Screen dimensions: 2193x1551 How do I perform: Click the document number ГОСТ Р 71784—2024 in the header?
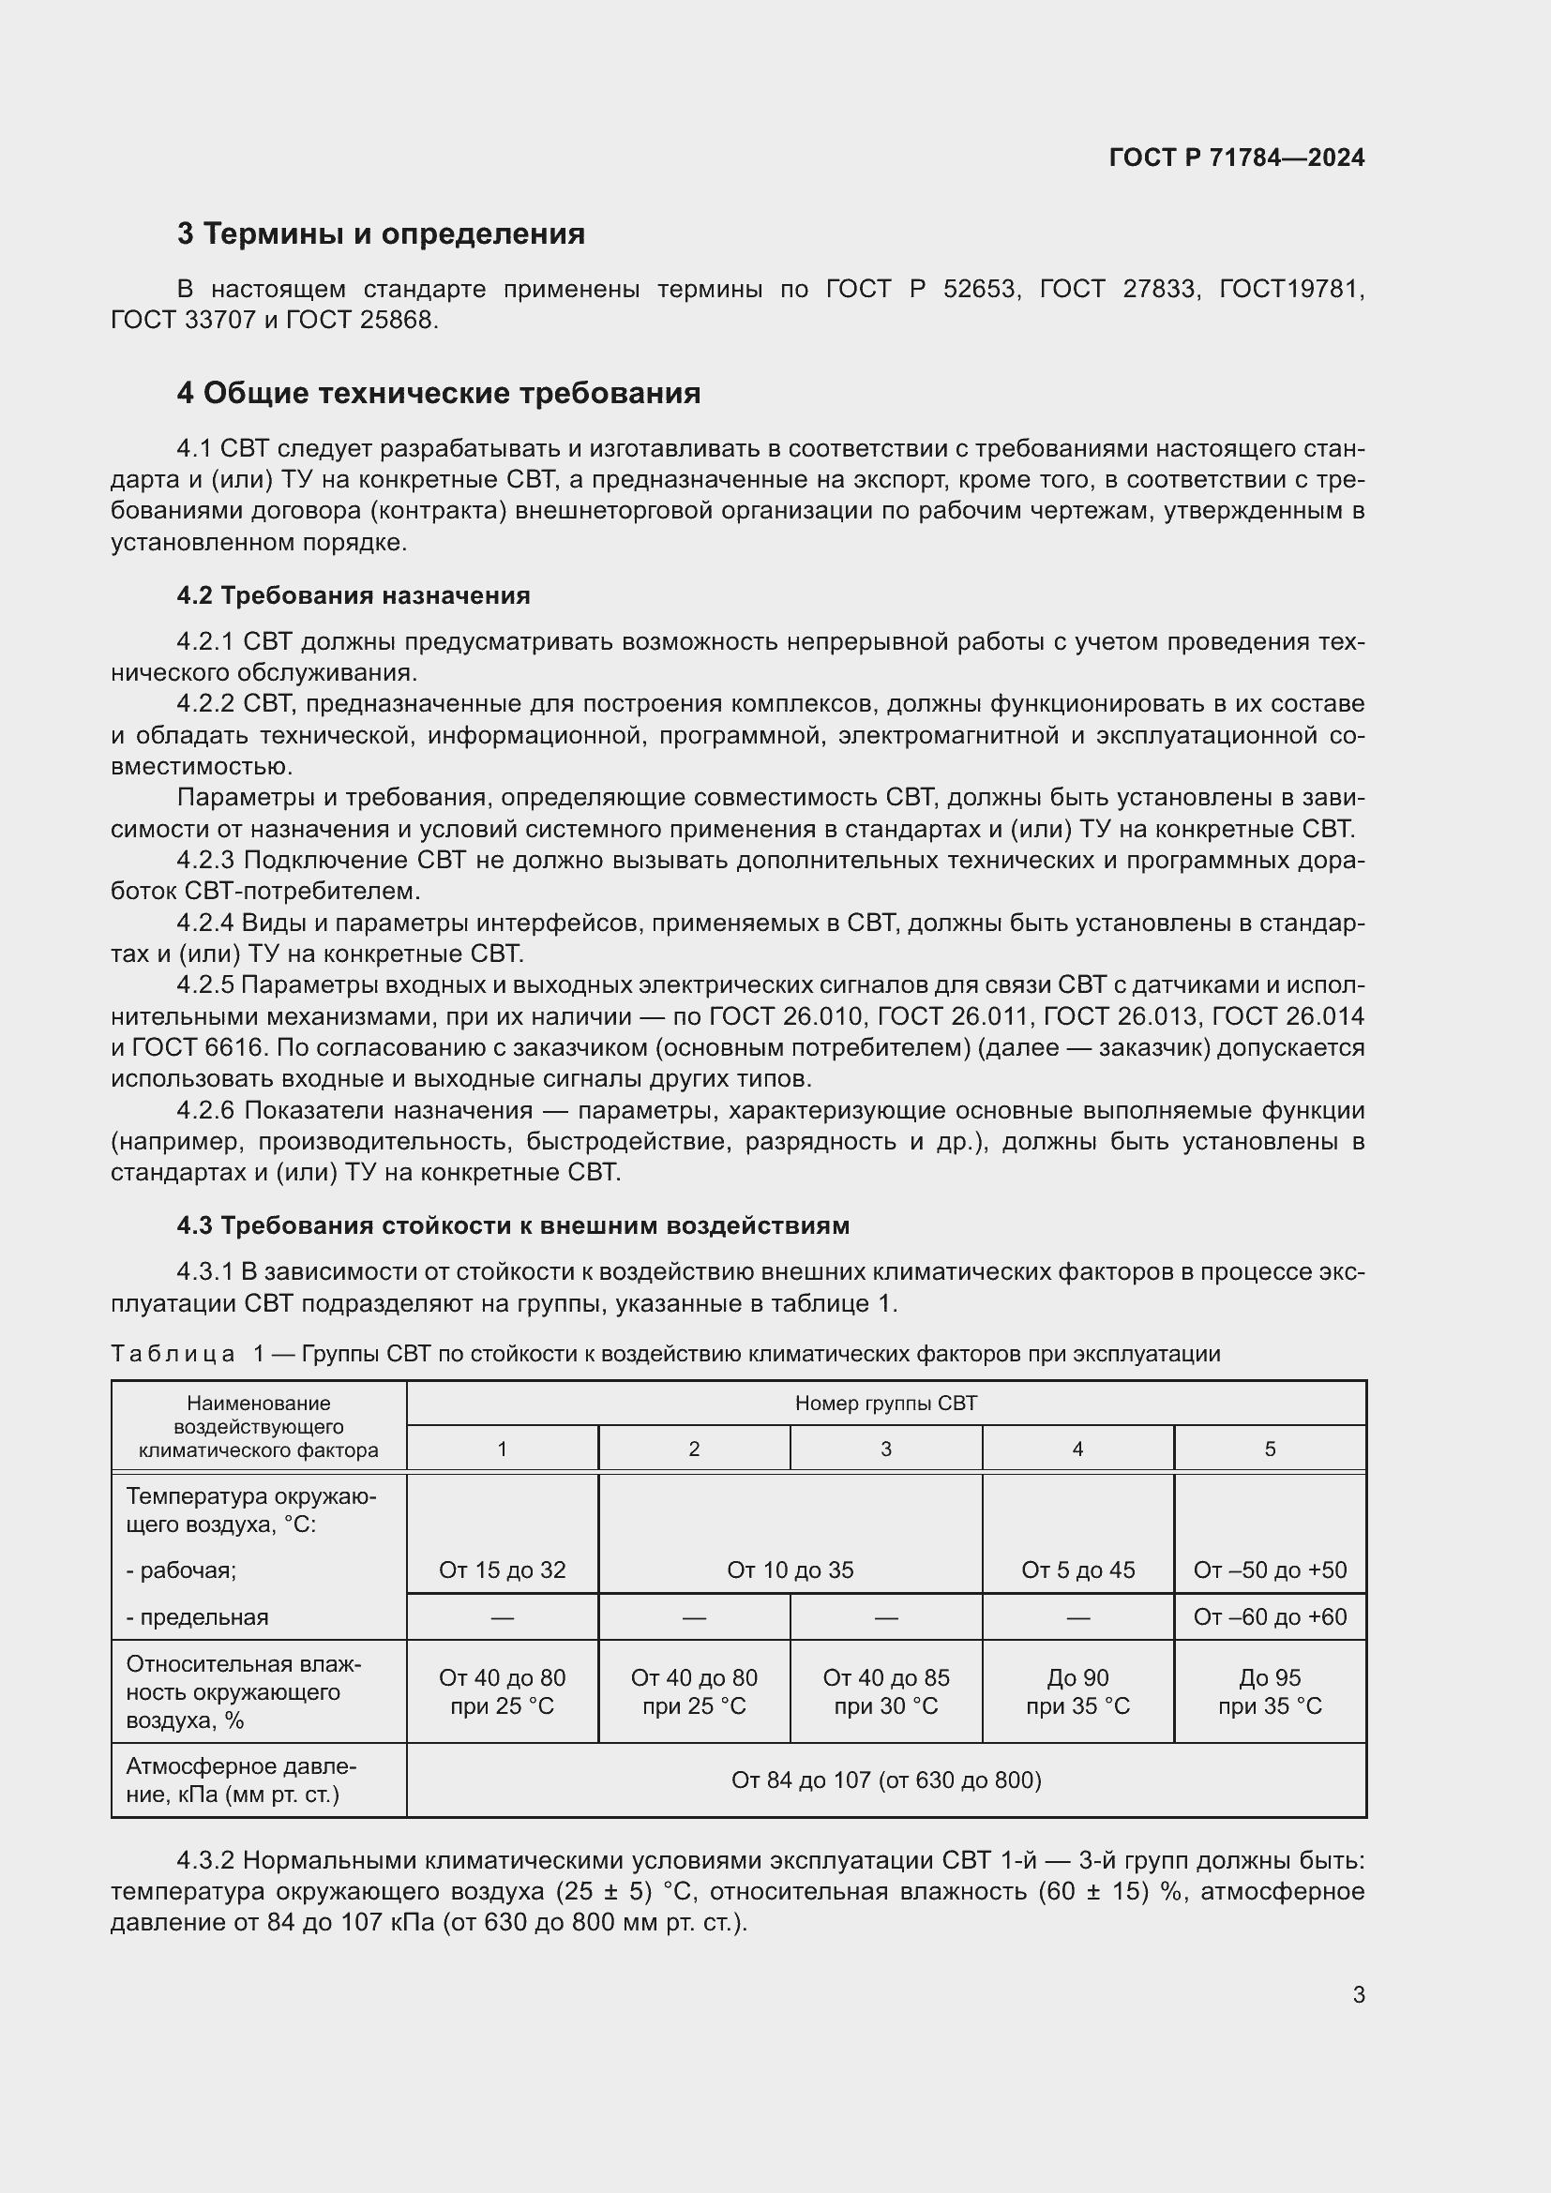(1236, 158)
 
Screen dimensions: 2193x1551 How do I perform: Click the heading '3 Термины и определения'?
(380, 234)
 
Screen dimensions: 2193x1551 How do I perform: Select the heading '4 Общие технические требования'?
(438, 394)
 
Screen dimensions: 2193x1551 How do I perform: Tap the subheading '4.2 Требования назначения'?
(354, 596)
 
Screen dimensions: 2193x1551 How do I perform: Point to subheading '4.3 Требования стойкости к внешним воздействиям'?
(513, 1225)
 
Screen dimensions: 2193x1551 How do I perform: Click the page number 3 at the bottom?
(1358, 1994)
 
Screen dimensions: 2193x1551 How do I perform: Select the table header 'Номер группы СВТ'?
(885, 1404)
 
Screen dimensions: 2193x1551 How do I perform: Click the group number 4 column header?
(1077, 1449)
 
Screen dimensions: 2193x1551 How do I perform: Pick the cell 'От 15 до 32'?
(503, 1570)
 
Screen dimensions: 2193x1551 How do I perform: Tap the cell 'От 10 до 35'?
(790, 1570)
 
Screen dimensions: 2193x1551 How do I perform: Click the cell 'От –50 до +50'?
(1270, 1570)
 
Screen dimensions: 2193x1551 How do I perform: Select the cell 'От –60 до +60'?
(1270, 1617)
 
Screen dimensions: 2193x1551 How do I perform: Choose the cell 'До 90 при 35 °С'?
(1077, 1691)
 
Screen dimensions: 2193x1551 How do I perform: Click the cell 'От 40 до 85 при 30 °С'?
(885, 1691)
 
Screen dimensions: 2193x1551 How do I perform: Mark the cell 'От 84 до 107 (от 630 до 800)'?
(885, 1780)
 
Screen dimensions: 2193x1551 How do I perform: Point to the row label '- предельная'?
(197, 1617)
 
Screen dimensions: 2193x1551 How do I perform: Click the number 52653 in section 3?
(978, 290)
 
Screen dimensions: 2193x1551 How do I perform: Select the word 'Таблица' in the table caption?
(173, 1355)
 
